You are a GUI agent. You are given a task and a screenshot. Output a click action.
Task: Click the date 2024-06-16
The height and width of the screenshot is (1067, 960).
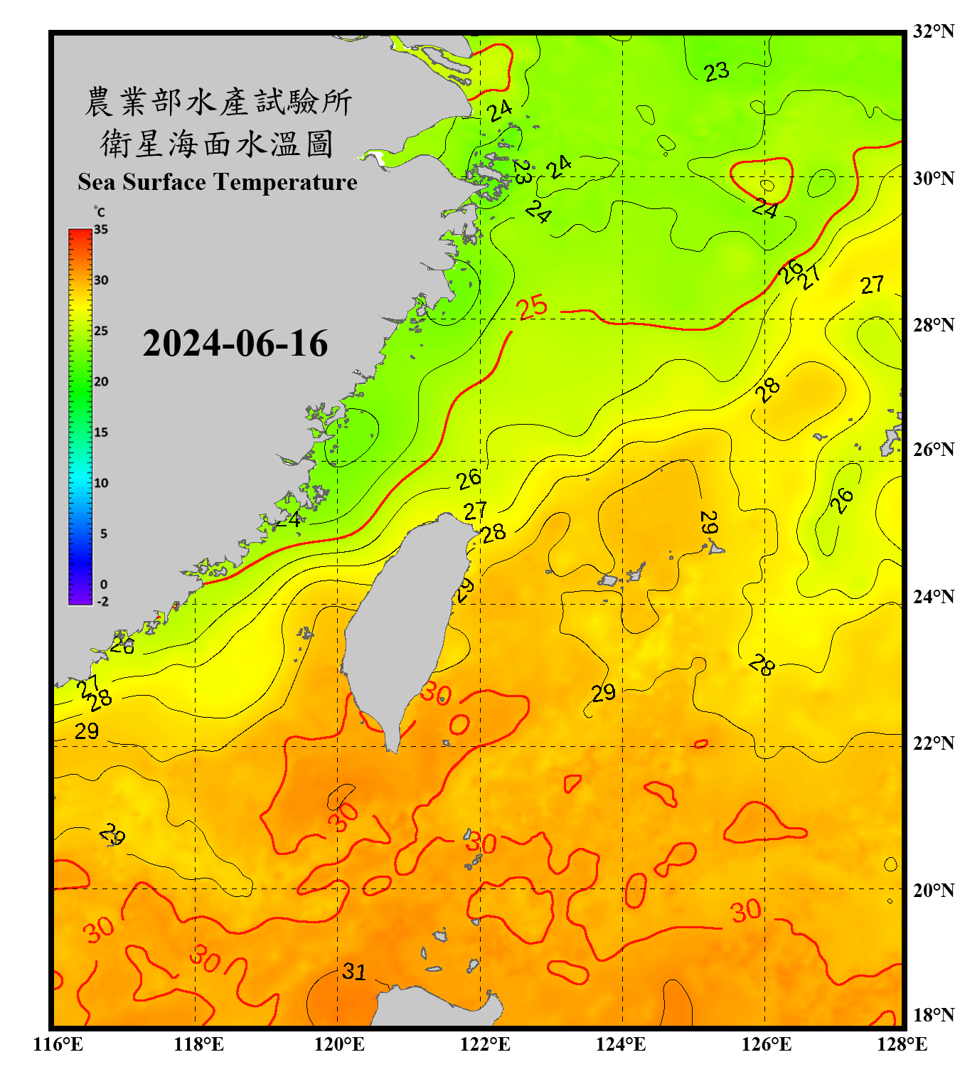(x=235, y=344)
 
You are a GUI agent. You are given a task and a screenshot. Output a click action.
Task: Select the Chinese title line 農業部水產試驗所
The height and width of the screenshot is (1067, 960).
(x=218, y=102)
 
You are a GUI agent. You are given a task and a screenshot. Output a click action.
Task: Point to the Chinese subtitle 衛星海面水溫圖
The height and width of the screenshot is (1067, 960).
(x=217, y=144)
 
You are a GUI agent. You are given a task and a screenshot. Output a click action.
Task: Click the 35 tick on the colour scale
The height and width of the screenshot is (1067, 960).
(x=101, y=230)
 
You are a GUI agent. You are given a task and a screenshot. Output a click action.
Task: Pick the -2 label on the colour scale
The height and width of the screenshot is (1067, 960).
(x=102, y=602)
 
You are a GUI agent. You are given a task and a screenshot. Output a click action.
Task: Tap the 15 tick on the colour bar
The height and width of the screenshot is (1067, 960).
(x=101, y=432)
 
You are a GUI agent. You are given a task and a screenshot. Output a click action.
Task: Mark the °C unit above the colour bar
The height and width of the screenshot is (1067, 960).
(x=100, y=212)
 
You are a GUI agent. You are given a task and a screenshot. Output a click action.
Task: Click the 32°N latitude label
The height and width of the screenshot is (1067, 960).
(x=933, y=31)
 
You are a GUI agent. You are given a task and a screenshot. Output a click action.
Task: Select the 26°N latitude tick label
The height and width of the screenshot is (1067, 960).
(x=933, y=450)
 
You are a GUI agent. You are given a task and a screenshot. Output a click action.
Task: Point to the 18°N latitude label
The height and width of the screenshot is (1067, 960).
(x=933, y=1015)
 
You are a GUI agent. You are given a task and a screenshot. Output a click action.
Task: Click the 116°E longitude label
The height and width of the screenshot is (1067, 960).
(x=58, y=1044)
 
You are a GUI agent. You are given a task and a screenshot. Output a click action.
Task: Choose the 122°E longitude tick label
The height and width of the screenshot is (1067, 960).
(x=485, y=1044)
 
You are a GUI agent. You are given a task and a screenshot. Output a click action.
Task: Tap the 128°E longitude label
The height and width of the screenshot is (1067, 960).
(x=902, y=1044)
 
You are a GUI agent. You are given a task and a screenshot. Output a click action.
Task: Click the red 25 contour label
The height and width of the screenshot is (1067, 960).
(x=532, y=307)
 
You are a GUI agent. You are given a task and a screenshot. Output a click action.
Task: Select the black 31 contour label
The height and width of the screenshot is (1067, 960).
(x=353, y=972)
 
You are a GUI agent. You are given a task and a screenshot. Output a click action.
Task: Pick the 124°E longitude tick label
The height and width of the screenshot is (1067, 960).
(x=621, y=1044)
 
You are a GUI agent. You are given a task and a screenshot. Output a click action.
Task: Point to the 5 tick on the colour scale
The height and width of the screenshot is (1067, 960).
(x=103, y=533)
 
